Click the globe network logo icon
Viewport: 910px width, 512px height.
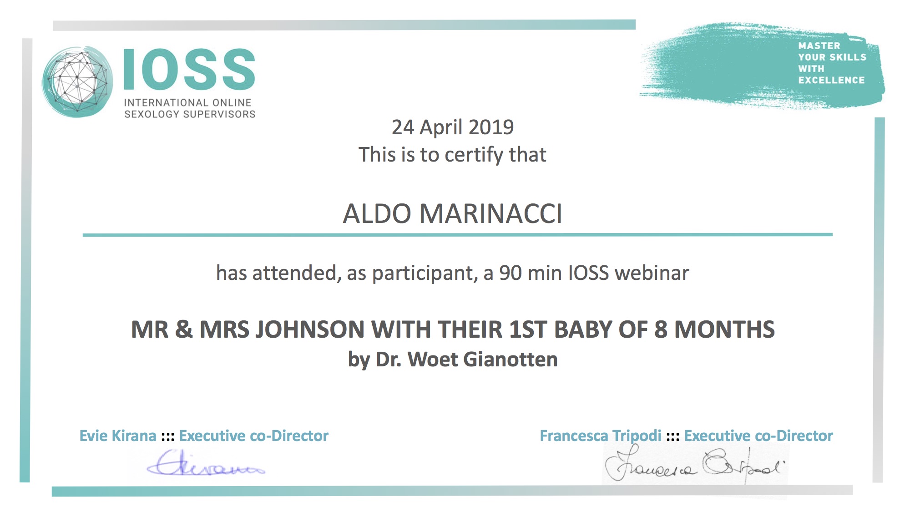click(77, 82)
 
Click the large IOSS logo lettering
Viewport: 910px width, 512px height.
click(189, 69)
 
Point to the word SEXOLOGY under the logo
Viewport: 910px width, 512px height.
click(152, 114)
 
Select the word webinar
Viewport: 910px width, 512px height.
click(652, 273)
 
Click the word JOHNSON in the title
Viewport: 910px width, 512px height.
click(309, 330)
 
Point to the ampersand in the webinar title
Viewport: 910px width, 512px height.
click(183, 330)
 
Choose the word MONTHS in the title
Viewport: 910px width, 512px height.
click(724, 330)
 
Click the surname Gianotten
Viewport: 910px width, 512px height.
click(511, 360)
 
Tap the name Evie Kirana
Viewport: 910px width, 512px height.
click(118, 436)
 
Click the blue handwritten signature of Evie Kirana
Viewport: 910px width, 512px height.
click(206, 463)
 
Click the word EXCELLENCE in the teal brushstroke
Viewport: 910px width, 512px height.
click(831, 80)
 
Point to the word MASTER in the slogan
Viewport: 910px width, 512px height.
click(819, 46)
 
